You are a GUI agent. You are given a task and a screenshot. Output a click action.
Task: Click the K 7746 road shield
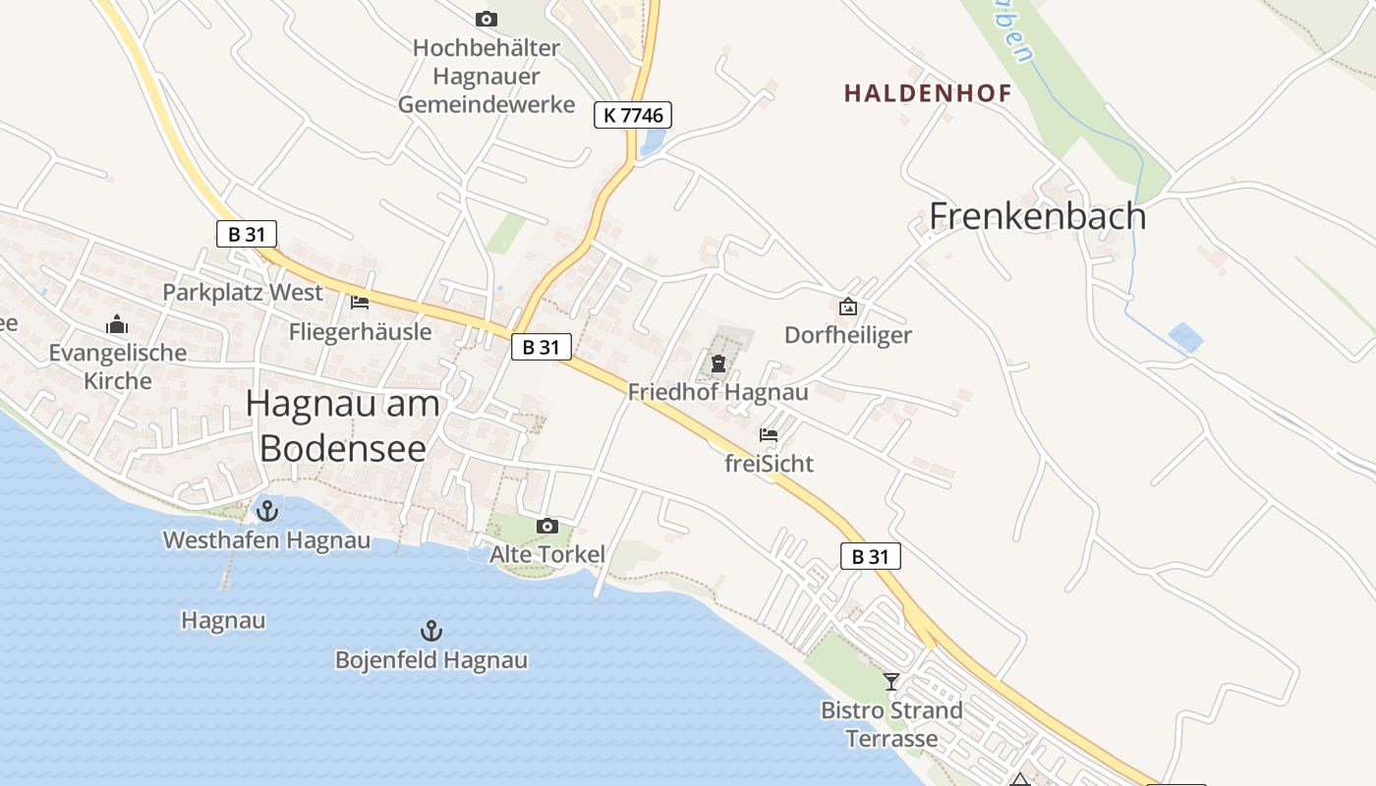(632, 115)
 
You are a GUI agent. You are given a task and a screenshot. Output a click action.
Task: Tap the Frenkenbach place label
(1038, 216)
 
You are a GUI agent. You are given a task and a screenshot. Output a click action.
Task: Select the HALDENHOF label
(927, 93)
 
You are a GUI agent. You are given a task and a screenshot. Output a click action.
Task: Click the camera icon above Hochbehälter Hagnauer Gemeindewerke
(486, 19)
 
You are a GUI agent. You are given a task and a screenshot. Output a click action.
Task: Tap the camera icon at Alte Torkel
(547, 527)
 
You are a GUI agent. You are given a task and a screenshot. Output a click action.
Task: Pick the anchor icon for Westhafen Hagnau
(266, 511)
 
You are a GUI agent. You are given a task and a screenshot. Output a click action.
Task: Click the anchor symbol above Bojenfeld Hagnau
(430, 631)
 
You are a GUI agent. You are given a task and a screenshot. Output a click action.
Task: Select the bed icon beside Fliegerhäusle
(360, 302)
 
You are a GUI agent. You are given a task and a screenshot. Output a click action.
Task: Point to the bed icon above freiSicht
(769, 434)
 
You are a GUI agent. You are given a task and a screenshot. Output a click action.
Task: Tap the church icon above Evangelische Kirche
(117, 324)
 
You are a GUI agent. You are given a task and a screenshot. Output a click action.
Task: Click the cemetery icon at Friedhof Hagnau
(718, 365)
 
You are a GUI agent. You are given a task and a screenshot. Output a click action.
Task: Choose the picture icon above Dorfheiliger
(847, 307)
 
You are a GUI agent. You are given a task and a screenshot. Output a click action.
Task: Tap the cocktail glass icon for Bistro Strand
(891, 681)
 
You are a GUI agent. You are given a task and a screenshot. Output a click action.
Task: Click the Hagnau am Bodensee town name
(343, 425)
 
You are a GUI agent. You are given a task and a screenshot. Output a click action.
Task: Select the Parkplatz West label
(243, 293)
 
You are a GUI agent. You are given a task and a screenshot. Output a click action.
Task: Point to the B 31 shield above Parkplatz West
(247, 234)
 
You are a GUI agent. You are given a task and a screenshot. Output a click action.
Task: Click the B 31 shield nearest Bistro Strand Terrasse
(871, 556)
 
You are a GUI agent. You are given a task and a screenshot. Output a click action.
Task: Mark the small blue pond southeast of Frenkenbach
(1186, 338)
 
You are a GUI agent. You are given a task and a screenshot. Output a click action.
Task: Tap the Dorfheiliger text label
(848, 335)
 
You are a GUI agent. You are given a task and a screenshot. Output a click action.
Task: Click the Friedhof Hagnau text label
(718, 392)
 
